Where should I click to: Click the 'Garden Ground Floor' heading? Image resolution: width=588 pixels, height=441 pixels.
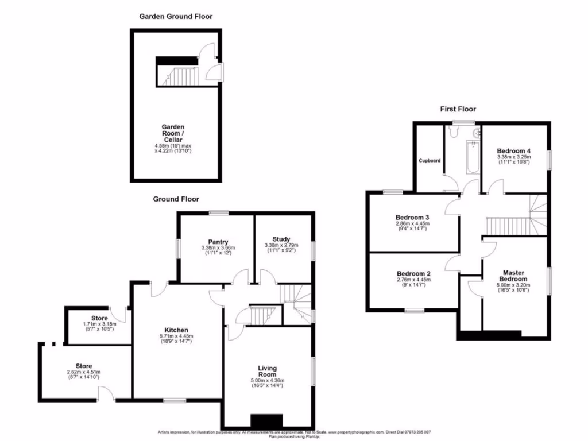pyautogui.click(x=176, y=17)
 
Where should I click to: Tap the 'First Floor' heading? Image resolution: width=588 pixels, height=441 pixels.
pyautogui.click(x=458, y=109)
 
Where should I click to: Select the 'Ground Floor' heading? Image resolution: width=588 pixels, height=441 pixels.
pyautogui.click(x=176, y=199)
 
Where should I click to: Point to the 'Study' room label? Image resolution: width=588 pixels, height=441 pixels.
pyautogui.click(x=281, y=239)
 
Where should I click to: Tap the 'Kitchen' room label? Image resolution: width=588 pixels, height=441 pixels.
pyautogui.click(x=176, y=330)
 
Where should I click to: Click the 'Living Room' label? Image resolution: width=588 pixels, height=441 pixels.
pyautogui.click(x=267, y=371)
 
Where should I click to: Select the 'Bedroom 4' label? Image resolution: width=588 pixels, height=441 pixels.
pyautogui.click(x=513, y=150)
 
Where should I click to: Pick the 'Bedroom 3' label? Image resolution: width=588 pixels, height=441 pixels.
pyautogui.click(x=412, y=217)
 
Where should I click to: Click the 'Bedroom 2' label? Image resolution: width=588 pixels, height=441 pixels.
pyautogui.click(x=412, y=274)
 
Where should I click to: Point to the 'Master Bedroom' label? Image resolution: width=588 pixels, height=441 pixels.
pyautogui.click(x=514, y=276)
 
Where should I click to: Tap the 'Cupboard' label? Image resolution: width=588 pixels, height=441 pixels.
pyautogui.click(x=430, y=160)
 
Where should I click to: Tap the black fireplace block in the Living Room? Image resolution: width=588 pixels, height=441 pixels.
pyautogui.click(x=266, y=421)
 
